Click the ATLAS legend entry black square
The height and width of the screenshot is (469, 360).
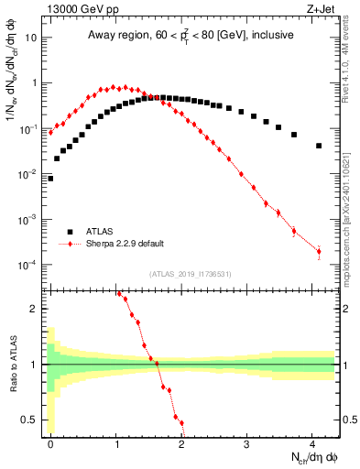[x=71, y=232]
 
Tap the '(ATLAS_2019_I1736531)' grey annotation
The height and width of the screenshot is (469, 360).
[x=190, y=274]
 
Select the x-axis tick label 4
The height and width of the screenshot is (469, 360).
[x=312, y=443]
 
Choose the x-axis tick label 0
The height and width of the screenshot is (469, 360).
[x=50, y=443]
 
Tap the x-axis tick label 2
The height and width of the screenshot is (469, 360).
[x=181, y=443]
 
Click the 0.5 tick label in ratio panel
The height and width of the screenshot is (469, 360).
[x=31, y=420]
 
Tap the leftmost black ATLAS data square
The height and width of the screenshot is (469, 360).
[x=50, y=179]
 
